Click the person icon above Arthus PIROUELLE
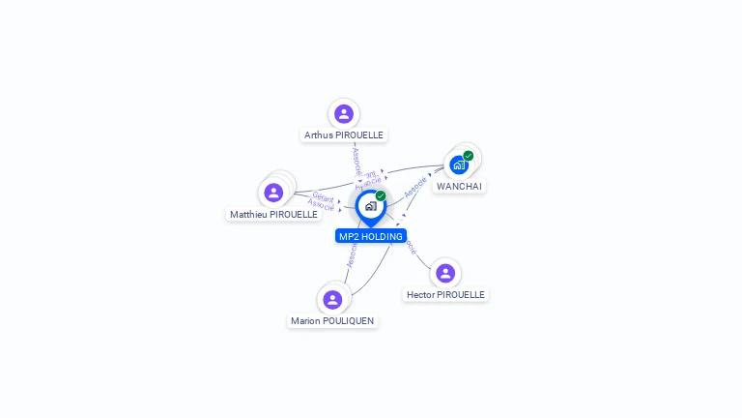[x=344, y=114]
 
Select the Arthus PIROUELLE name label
[x=344, y=135]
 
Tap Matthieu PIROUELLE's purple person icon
[x=273, y=193]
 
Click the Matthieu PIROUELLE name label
[x=273, y=214]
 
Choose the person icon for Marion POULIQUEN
[x=332, y=300]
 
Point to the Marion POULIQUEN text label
[x=332, y=321]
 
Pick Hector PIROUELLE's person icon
[x=445, y=273]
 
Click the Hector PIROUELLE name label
[x=445, y=294]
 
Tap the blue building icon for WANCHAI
[x=459, y=164]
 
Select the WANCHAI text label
[x=459, y=186]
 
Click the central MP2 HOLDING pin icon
[x=370, y=206]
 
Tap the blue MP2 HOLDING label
[x=371, y=236]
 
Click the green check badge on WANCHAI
[x=469, y=156]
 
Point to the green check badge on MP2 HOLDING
[x=381, y=195]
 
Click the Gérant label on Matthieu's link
[x=324, y=197]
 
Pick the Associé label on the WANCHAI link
[x=415, y=187]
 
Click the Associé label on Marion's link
[x=352, y=254]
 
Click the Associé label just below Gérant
[x=321, y=205]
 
